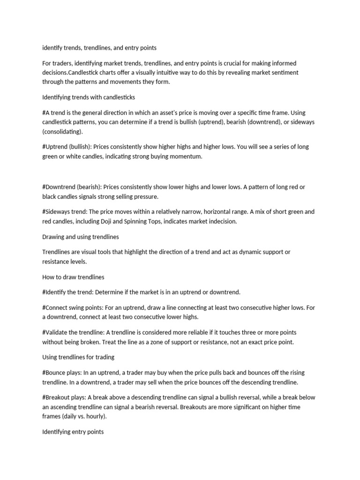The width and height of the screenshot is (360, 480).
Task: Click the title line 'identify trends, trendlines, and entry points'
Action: (x=99, y=48)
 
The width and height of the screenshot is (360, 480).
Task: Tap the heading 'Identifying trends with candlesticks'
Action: (x=89, y=97)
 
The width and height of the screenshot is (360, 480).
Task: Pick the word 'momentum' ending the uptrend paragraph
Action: (x=187, y=157)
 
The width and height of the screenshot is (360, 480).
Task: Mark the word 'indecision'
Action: (x=222, y=221)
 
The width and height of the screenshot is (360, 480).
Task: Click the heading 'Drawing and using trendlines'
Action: (x=80, y=237)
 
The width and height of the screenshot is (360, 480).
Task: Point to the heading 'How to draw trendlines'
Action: (x=73, y=277)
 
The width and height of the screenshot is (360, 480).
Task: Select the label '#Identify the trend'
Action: (x=67, y=292)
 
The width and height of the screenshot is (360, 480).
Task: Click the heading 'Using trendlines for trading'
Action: (x=78, y=357)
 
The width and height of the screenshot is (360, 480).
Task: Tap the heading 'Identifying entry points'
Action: (x=73, y=432)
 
